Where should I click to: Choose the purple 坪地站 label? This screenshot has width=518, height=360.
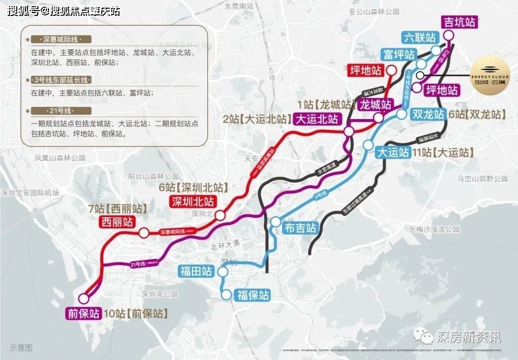tap(442, 89)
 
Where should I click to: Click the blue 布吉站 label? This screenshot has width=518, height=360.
tap(301, 228)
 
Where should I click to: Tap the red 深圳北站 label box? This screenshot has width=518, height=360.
tap(191, 202)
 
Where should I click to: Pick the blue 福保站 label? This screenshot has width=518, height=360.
tap(253, 295)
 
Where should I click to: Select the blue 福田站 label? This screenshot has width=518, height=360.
tap(196, 272)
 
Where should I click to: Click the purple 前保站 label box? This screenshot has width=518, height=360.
tap(83, 313)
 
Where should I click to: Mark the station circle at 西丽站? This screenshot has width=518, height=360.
tap(143, 233)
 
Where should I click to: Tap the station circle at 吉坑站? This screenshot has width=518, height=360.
tap(448, 35)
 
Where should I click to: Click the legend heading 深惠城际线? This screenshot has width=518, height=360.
tap(60, 39)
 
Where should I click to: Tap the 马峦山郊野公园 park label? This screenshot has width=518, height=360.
tap(482, 179)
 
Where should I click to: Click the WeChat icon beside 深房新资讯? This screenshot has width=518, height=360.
tap(424, 336)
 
